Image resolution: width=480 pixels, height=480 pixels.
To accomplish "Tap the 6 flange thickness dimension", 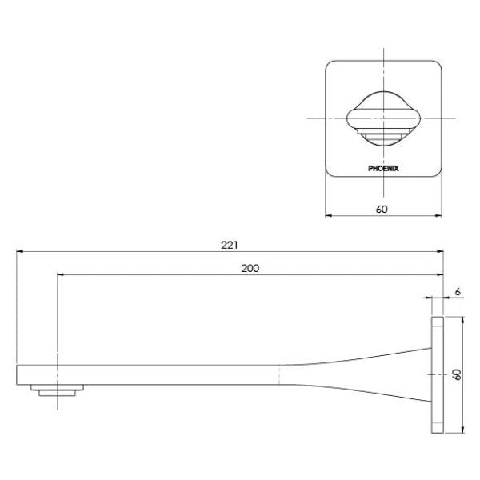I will tap(456, 292).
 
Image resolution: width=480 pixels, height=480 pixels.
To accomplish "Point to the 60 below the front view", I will tap(382, 209).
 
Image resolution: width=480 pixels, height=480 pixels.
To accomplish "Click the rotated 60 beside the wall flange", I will tap(457, 374).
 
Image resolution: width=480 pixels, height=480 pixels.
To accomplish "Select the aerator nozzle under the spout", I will tap(58, 390).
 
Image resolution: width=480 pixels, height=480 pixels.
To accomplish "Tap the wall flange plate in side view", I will tap(437, 374).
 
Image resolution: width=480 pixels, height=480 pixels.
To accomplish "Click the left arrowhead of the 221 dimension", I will tap(20, 252).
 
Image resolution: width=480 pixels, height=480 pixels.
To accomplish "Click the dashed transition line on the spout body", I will tap(279, 374).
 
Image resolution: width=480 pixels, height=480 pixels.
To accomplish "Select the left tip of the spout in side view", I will tap(18, 374).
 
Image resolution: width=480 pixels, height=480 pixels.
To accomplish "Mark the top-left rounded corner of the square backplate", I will tap(330, 64).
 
